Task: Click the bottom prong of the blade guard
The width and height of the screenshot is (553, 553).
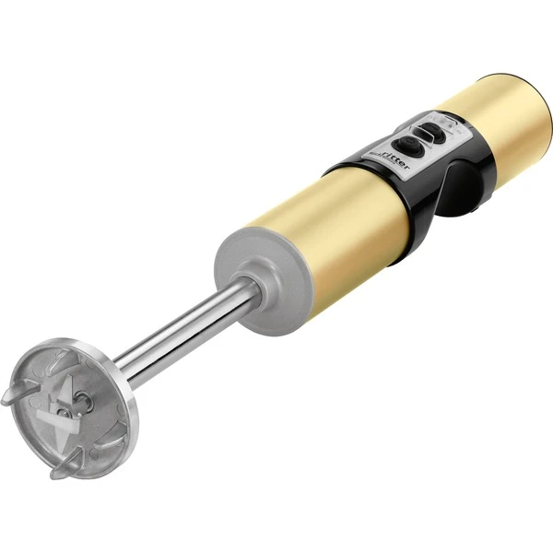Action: coord(66,465)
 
